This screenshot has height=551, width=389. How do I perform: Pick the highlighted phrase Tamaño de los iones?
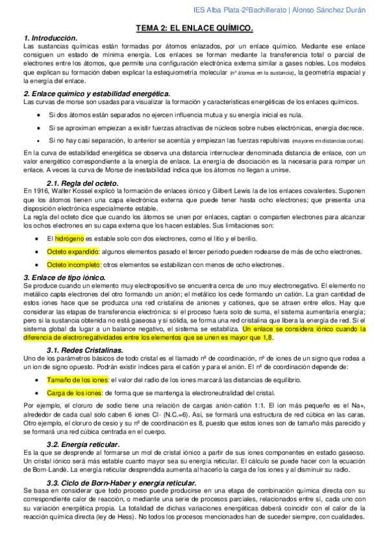(77, 379)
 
